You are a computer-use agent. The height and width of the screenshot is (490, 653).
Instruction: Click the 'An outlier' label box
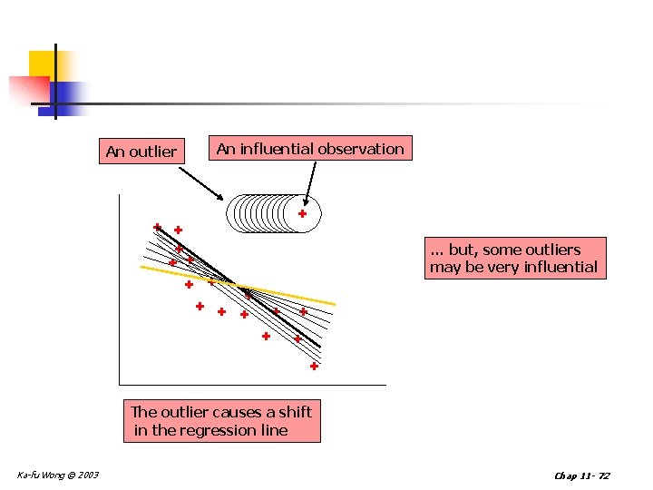click(141, 152)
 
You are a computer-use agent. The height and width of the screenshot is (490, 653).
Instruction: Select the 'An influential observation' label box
click(310, 149)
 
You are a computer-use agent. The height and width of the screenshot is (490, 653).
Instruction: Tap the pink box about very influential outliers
click(514, 258)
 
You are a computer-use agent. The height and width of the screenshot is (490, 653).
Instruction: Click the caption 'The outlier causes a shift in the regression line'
click(221, 421)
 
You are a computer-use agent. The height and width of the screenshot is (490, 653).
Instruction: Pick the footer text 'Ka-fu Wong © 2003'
click(58, 475)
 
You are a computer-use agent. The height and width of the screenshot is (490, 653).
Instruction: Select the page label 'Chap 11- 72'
click(581, 475)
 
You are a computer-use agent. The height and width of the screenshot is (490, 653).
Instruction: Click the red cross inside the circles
click(303, 214)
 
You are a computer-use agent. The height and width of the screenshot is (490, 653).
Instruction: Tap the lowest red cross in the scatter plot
click(313, 367)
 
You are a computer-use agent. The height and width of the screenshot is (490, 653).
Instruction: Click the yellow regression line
click(299, 298)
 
